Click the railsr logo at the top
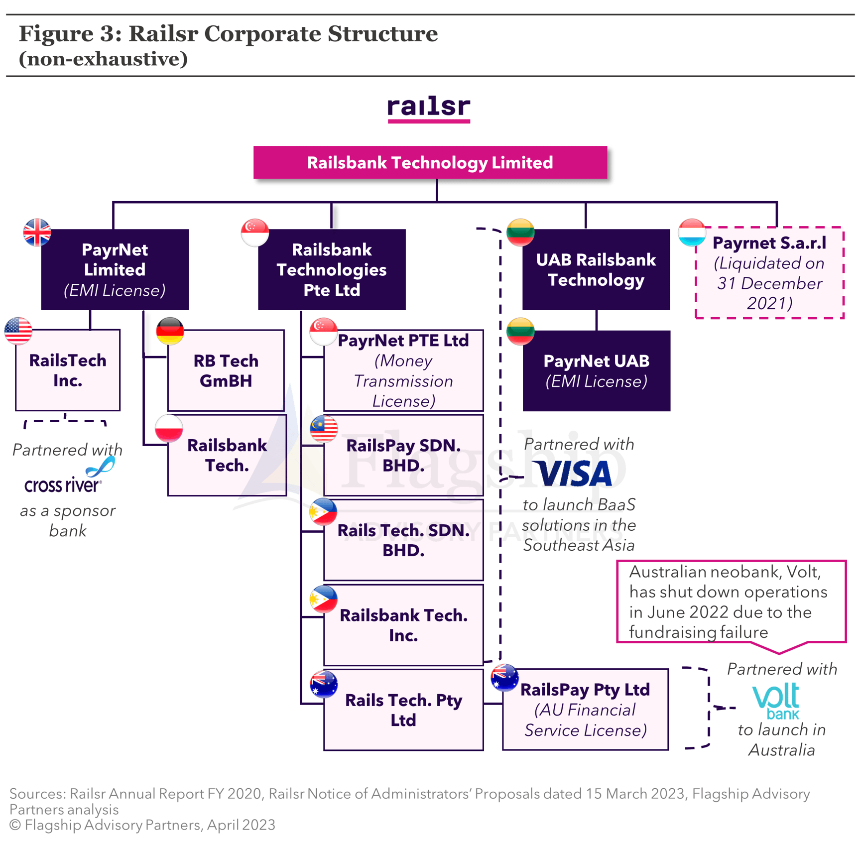[429, 108]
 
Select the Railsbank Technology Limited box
[430, 162]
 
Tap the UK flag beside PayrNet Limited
[37, 232]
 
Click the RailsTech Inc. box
[68, 370]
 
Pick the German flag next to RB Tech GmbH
[170, 331]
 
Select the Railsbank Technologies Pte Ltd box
[332, 269]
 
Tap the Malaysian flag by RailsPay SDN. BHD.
[324, 428]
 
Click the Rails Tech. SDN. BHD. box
[403, 540]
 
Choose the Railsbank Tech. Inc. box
[403, 625]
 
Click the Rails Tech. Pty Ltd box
[403, 710]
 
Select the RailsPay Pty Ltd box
[585, 710]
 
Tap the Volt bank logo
[776, 701]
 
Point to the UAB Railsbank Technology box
[596, 269]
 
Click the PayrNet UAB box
[596, 371]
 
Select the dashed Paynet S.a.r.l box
[769, 273]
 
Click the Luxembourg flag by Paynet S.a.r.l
[692, 232]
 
